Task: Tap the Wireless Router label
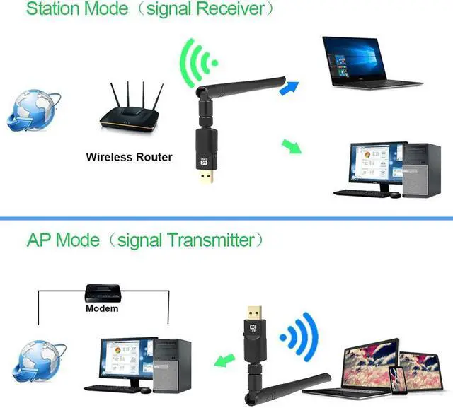click(129, 157)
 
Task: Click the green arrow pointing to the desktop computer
click(292, 146)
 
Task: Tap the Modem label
click(102, 308)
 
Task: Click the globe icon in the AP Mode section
click(38, 360)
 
